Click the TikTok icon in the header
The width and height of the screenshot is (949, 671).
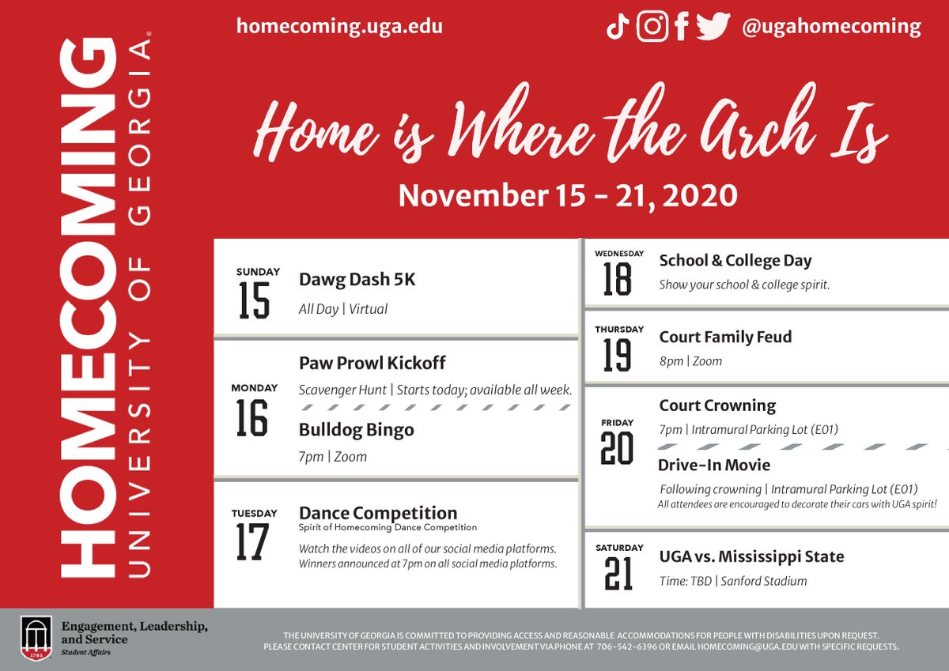618,28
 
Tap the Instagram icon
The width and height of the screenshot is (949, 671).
652,27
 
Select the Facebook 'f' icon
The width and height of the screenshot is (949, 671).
682,28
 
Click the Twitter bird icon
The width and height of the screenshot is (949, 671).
713,27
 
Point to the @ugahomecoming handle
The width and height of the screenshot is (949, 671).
831,27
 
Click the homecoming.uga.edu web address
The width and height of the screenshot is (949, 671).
339,26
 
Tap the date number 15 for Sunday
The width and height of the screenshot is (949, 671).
255,300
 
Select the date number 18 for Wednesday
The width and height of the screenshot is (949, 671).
618,278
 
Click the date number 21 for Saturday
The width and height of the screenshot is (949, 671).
618,574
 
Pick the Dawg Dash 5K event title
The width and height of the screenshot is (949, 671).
357,280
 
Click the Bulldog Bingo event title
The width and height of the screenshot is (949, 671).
356,430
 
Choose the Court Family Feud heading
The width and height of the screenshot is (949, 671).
725,337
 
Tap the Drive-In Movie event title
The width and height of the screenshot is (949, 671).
713,465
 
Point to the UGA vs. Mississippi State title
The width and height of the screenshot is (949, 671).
751,556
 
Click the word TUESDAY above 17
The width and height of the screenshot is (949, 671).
254,513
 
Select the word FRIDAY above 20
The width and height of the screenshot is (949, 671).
617,423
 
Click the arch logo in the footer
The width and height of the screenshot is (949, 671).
36,638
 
